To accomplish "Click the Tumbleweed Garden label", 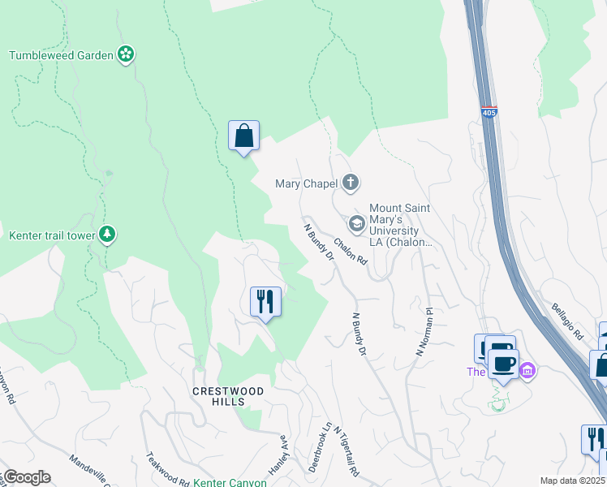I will coord(61,55).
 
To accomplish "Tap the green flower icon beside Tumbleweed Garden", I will coord(126,54).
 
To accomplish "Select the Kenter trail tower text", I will coord(51,236).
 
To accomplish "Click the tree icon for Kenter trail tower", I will coord(107,235).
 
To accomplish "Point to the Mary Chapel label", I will coord(306,183).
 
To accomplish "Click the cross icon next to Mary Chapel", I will coord(351,182).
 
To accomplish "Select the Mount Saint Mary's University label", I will coord(401,225).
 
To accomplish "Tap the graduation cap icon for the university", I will coord(355,222).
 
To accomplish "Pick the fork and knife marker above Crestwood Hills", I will coord(265,303).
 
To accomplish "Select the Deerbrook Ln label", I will coord(319,447).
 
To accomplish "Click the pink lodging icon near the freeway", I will coord(527,371).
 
